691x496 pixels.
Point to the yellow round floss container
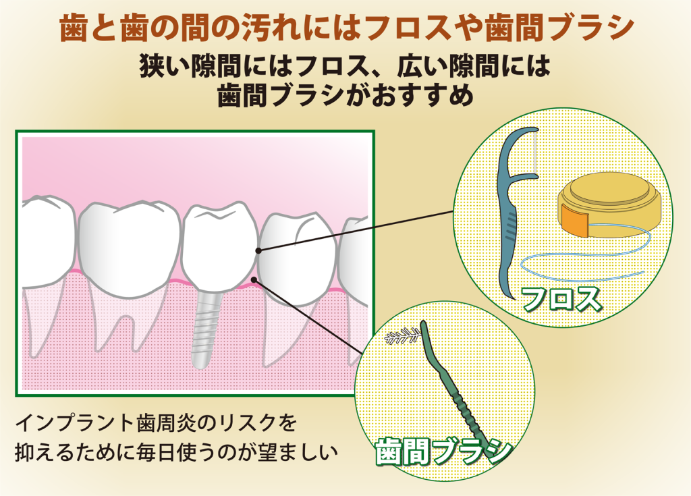[x=607, y=202]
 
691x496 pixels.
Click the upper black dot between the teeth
[x=258, y=250]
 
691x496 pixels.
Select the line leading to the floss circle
[x=358, y=230]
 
